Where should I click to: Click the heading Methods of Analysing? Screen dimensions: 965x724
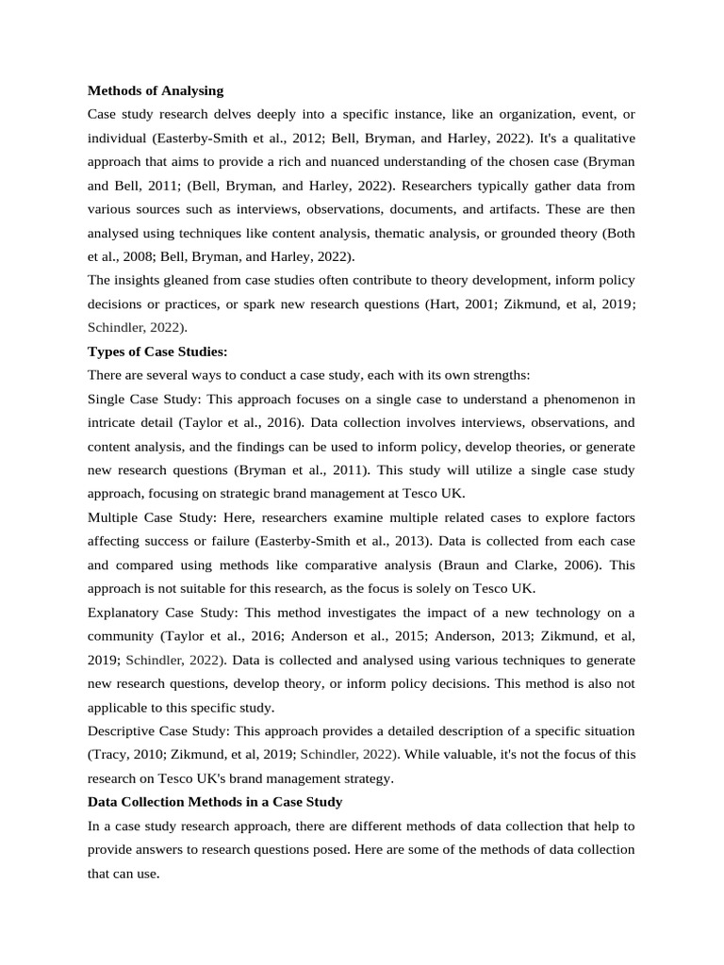(156, 90)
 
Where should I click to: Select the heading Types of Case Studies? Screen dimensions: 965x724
(157, 352)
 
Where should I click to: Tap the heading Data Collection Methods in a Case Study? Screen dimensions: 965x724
(215, 802)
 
